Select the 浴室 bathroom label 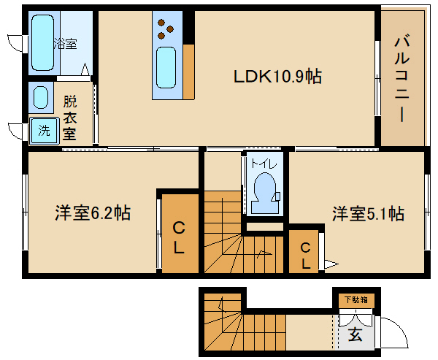(x=65, y=44)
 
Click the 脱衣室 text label (x=69, y=117)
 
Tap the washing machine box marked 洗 (x=44, y=131)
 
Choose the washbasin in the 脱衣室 (x=39, y=96)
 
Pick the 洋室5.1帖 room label (x=369, y=214)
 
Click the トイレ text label (x=261, y=164)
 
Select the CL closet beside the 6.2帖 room (x=179, y=237)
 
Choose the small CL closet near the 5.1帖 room (x=306, y=253)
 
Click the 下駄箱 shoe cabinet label (x=356, y=299)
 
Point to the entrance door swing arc (x=394, y=332)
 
